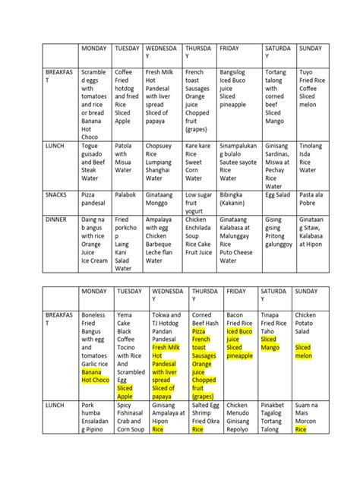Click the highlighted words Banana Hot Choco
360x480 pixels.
92,376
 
